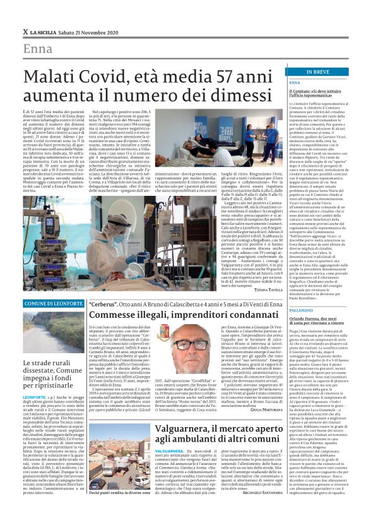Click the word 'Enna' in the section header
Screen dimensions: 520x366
click(38, 49)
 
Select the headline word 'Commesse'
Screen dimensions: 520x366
click(110, 315)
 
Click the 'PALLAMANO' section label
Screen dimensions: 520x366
click(300, 310)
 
